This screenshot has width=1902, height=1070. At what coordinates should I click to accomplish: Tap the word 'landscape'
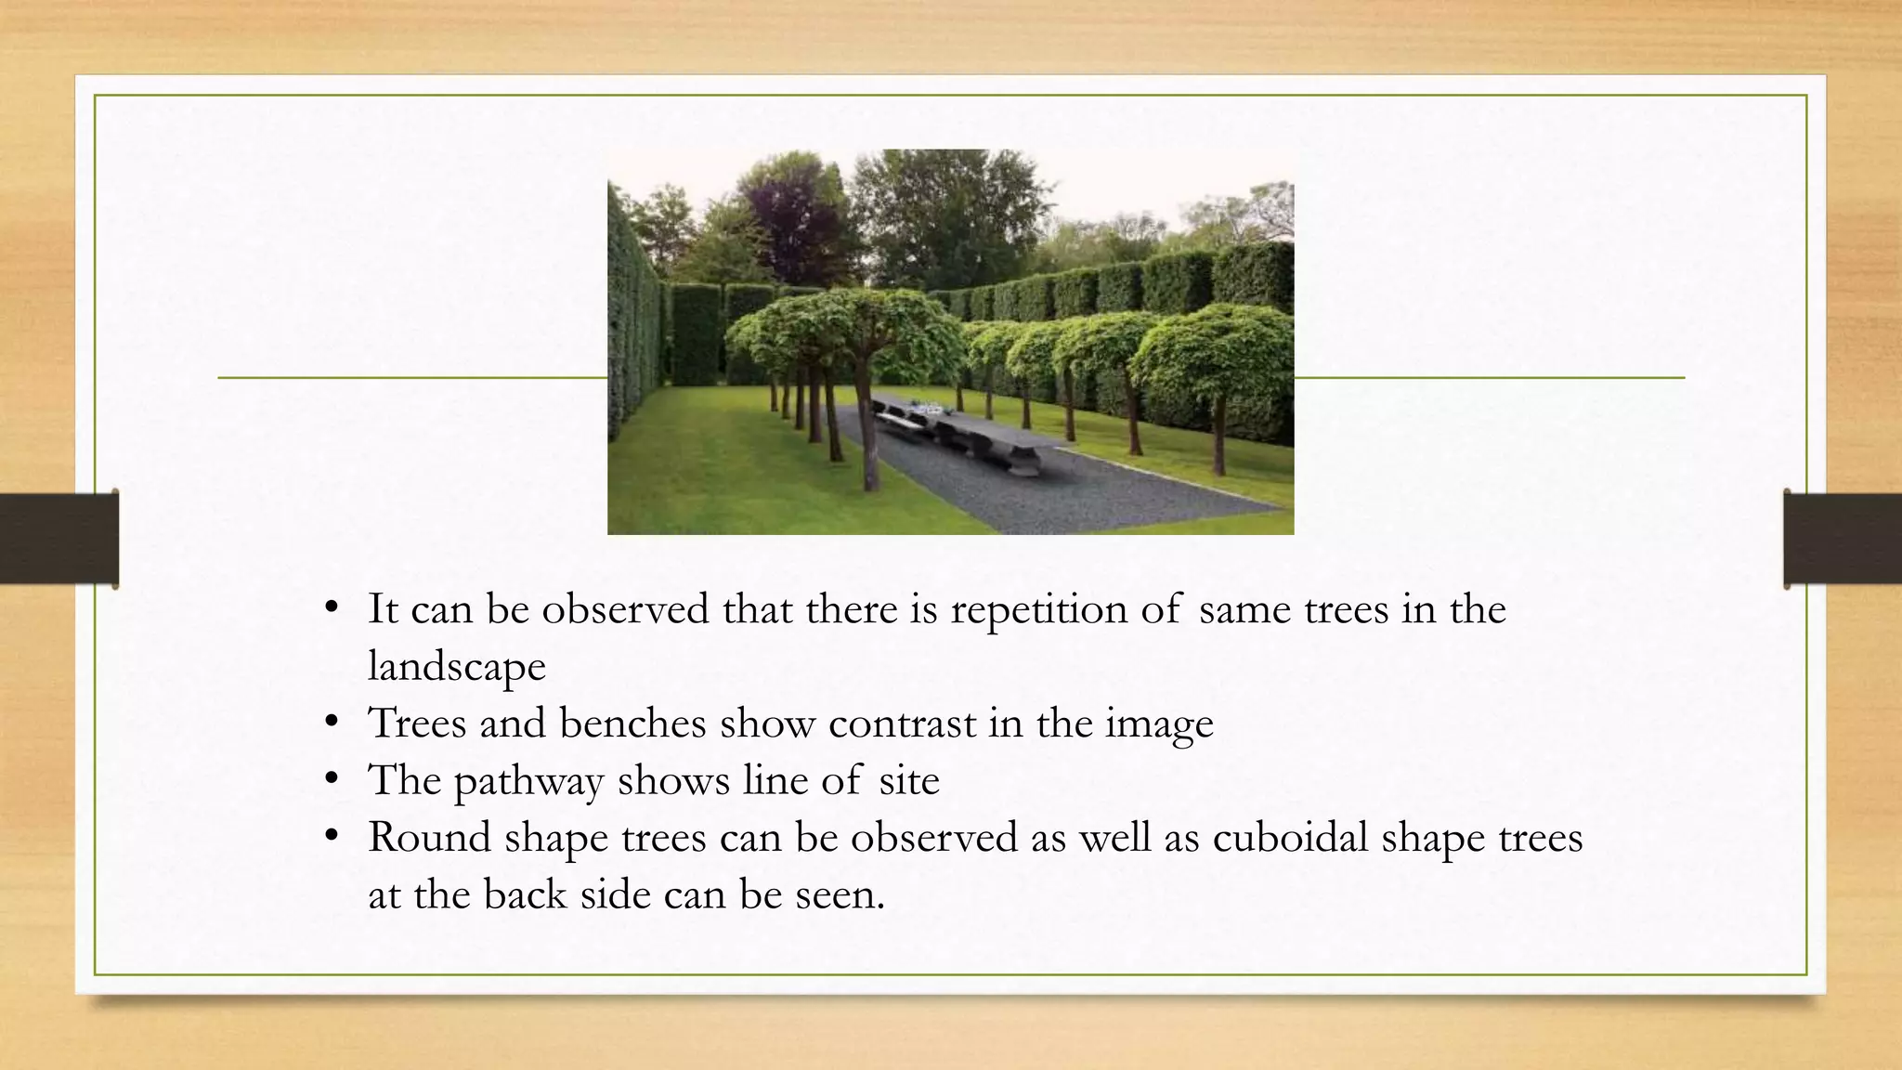click(x=457, y=667)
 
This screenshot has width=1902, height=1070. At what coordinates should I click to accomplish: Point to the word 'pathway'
click(x=528, y=781)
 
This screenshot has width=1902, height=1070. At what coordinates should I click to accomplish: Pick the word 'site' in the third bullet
click(x=909, y=780)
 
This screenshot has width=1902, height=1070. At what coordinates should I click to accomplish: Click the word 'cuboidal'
click(x=1290, y=837)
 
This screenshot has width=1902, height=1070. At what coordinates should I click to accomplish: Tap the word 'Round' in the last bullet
click(x=429, y=837)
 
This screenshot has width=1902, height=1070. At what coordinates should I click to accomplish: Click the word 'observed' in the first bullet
click(x=626, y=609)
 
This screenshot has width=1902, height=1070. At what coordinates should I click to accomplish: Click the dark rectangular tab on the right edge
click(x=1843, y=539)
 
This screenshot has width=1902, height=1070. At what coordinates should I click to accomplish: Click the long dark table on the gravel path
click(x=966, y=432)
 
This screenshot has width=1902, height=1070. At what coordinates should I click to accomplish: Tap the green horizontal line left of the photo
click(x=412, y=378)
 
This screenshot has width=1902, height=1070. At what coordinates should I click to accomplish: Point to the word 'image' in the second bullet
click(x=1159, y=724)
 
